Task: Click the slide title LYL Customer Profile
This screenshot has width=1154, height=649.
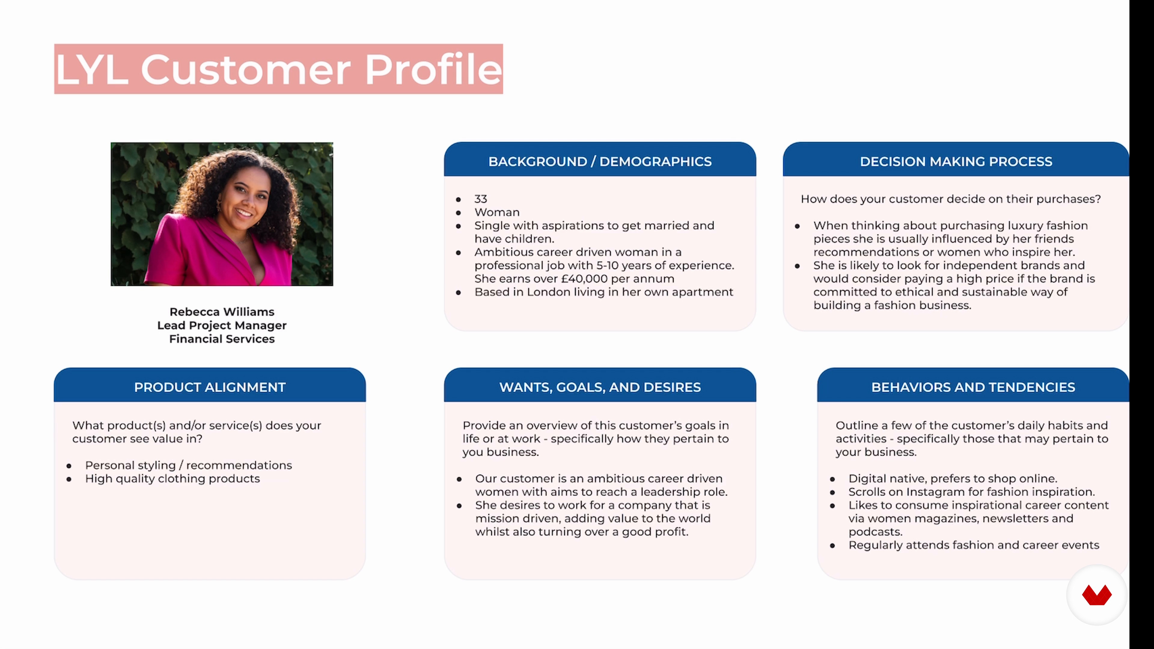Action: pyautogui.click(x=278, y=69)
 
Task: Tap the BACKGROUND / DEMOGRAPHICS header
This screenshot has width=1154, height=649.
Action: pyautogui.click(x=600, y=161)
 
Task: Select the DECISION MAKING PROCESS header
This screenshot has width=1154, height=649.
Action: pyautogui.click(x=956, y=161)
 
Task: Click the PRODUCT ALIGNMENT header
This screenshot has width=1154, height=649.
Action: pyautogui.click(x=210, y=387)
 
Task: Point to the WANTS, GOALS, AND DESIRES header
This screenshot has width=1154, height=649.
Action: pyautogui.click(x=600, y=387)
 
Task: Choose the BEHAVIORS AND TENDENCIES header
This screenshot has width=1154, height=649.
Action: pyautogui.click(x=973, y=387)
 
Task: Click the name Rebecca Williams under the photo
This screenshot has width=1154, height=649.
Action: pyautogui.click(x=222, y=312)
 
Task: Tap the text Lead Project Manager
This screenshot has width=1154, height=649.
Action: pyautogui.click(x=222, y=325)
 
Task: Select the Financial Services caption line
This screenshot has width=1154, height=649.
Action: pyautogui.click(x=222, y=339)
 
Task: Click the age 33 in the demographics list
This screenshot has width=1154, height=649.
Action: pyautogui.click(x=481, y=199)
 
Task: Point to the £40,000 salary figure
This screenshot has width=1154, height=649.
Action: pyautogui.click(x=582, y=279)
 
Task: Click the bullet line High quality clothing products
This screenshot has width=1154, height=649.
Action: pyautogui.click(x=172, y=478)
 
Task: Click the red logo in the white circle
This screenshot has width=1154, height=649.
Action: pyautogui.click(x=1097, y=595)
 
